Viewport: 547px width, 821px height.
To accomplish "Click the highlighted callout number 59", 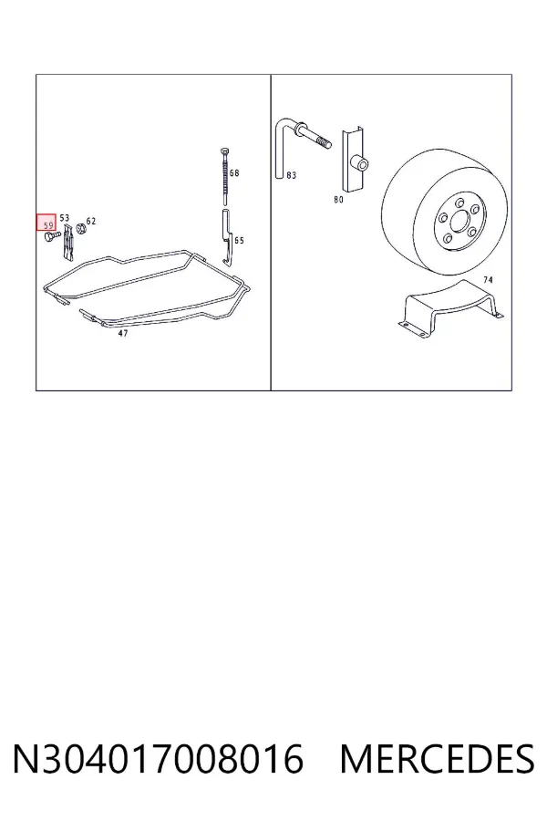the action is point(48,225).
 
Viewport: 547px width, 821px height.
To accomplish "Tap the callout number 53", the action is point(65,218).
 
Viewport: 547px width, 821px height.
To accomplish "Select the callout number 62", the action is point(91,221).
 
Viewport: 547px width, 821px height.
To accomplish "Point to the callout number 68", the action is point(234,172).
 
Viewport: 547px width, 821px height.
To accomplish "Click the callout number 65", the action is point(239,241).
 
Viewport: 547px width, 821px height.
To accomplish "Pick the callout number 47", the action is point(123,333).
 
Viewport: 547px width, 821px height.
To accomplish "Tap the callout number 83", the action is point(292,175).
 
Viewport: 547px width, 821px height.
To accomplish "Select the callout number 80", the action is point(338,200).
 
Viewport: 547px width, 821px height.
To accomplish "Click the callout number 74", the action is point(488,280).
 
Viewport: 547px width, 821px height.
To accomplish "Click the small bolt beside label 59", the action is point(50,238).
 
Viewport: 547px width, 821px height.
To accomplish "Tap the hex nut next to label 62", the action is point(81,229).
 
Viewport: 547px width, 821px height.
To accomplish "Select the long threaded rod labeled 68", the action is point(225,176).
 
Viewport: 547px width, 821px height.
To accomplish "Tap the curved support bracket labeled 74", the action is point(450,310).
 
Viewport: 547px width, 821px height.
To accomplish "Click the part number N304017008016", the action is point(158,759).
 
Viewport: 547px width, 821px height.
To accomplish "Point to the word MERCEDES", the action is point(437,759).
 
